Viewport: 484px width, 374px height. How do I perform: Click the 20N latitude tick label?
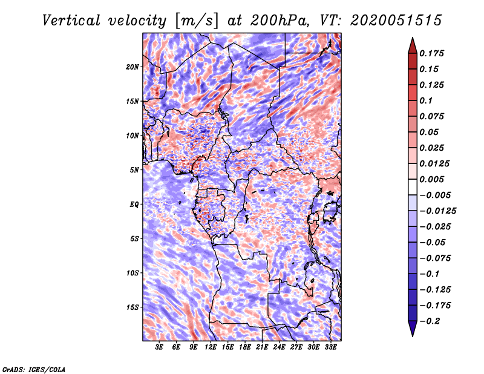[132, 67]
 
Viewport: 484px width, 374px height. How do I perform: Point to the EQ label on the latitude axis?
[134, 205]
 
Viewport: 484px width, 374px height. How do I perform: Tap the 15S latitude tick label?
[132, 307]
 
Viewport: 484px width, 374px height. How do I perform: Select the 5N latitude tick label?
[134, 170]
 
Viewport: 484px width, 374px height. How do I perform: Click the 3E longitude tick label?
[160, 347]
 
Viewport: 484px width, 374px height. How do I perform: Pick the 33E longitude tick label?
[330, 347]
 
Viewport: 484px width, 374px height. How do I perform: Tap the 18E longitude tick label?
[245, 347]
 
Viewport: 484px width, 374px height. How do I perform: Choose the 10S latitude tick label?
[132, 273]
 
